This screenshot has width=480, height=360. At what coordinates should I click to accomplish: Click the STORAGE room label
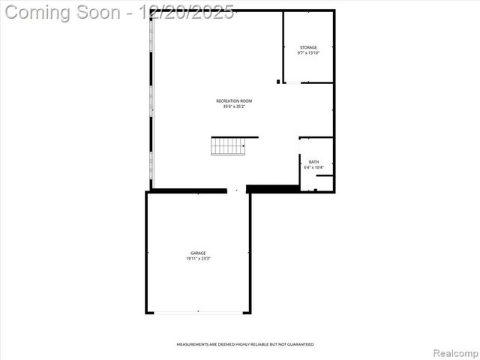307,47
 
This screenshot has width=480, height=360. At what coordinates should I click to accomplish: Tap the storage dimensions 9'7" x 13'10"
307,53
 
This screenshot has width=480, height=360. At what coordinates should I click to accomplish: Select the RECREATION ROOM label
234,100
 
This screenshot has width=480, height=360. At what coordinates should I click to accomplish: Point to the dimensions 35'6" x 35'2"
234,106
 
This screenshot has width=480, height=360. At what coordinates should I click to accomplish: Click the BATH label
313,161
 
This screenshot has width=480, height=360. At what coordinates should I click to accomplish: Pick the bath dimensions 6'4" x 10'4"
313,167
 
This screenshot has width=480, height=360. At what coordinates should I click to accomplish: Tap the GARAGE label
198,253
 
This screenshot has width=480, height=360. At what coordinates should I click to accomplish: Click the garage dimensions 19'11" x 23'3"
198,259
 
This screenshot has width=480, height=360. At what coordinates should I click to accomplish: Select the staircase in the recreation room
229,146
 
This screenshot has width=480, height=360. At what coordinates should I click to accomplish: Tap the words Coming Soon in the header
63,13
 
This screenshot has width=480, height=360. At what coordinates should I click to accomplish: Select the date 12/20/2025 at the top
192,13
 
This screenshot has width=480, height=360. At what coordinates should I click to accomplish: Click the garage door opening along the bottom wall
198,312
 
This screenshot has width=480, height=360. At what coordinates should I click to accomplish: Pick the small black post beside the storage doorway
278,81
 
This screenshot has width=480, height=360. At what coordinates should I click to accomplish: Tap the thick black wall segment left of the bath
273,189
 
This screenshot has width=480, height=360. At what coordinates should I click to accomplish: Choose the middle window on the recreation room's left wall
152,100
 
